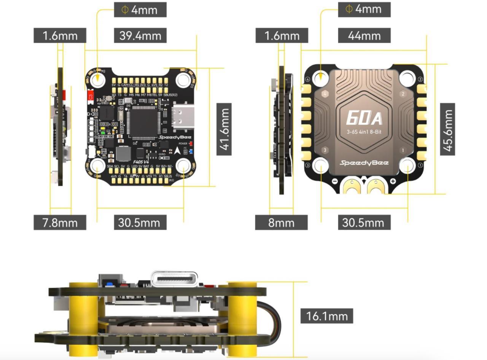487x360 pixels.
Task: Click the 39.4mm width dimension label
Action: [x=140, y=35]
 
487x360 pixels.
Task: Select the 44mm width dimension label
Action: [x=364, y=35]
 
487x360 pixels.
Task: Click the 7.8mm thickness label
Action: [x=60, y=222]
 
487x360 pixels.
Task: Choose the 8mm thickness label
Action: [x=281, y=222]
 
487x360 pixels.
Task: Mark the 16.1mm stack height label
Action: [x=327, y=316]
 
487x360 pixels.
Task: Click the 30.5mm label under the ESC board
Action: [x=364, y=222]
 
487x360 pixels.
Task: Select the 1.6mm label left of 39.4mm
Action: [x=60, y=35]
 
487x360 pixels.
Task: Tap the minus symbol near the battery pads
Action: [x=334, y=182]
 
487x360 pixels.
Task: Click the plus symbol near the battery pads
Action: [x=393, y=182]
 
